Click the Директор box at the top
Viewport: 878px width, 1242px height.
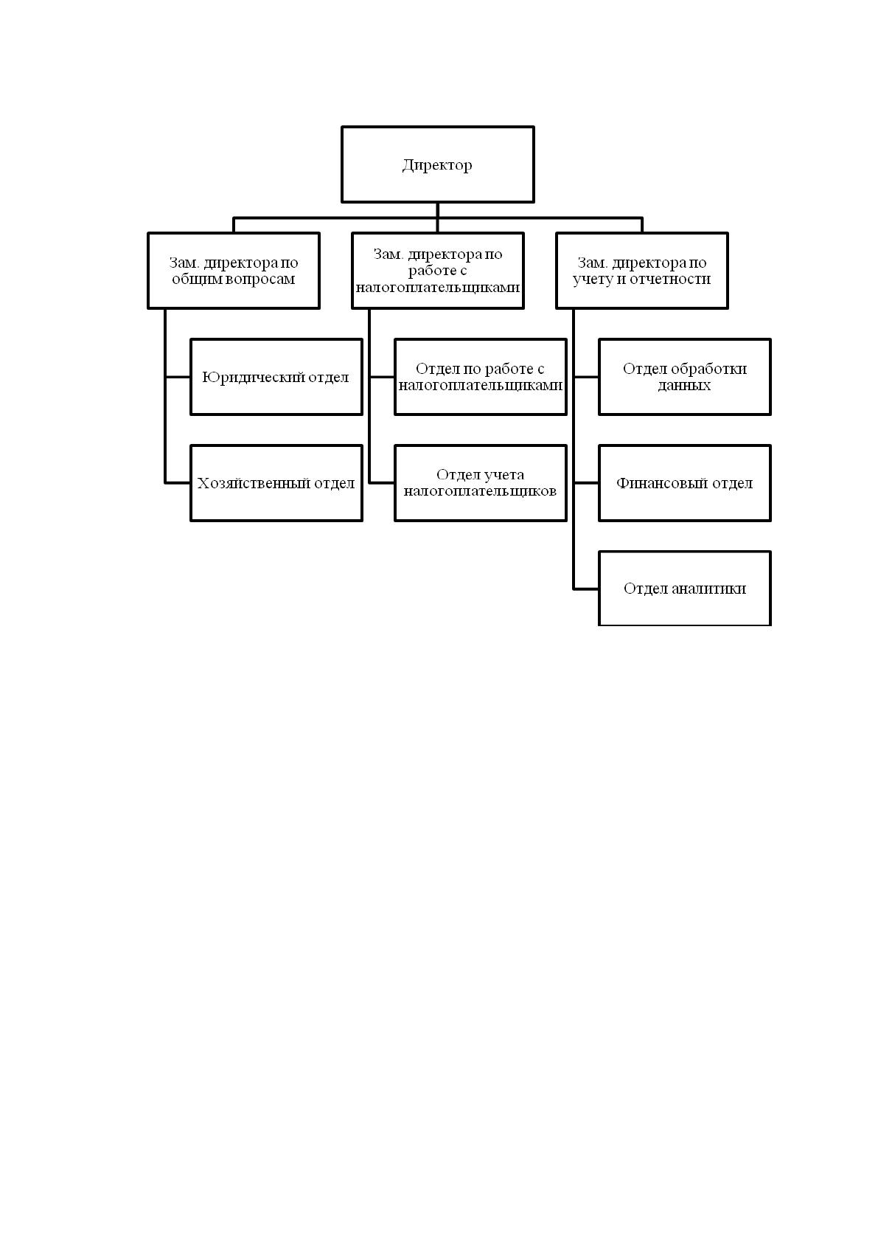(437, 164)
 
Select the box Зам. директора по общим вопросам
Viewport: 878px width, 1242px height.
(234, 270)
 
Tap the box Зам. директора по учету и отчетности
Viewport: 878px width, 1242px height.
(641, 270)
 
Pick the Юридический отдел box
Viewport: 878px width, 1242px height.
(276, 376)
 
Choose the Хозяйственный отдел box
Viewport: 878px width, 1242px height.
(276, 482)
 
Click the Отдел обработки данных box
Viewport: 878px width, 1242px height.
(685, 376)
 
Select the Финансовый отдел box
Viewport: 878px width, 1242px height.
(685, 482)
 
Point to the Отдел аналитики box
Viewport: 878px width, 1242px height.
(685, 589)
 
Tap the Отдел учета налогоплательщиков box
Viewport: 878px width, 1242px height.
(480, 482)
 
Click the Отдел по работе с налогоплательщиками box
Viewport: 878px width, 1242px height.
(480, 376)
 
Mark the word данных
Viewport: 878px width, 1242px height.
(684, 385)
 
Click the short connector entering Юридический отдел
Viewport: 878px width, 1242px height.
(178, 377)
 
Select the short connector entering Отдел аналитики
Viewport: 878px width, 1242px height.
(586, 589)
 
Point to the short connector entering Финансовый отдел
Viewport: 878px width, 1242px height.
(586, 483)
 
